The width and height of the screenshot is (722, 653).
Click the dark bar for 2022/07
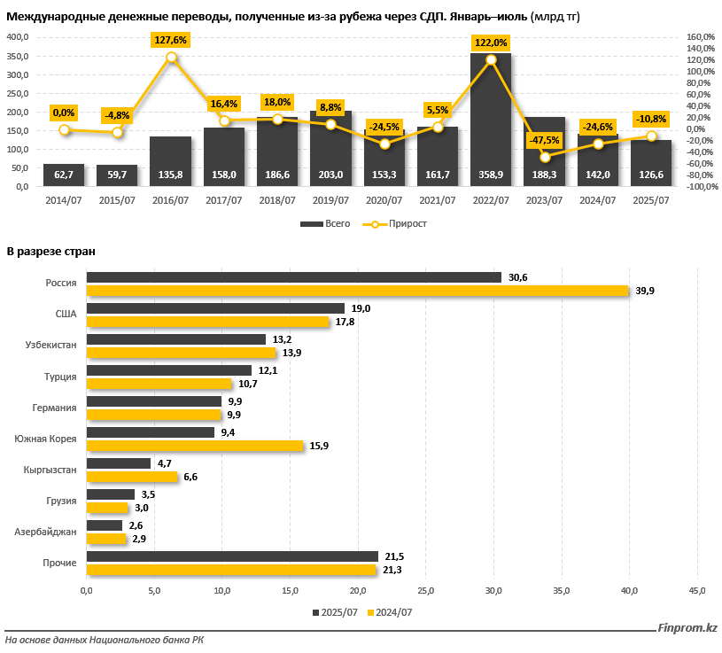[x=491, y=124]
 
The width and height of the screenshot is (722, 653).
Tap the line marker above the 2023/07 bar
[x=545, y=157]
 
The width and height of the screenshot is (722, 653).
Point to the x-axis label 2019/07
[x=331, y=200]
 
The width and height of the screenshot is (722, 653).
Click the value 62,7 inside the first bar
[x=64, y=175]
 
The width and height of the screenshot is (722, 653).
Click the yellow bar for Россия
[x=358, y=291]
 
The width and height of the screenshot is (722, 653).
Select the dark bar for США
[x=215, y=308]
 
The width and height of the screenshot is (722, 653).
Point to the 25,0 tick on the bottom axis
[x=425, y=590]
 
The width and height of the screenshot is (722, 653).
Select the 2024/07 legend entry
[x=390, y=612]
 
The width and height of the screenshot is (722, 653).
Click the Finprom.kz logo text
[x=687, y=628]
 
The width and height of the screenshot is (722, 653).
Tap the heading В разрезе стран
[x=50, y=252]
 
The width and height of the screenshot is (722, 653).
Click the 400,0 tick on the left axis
[x=18, y=36]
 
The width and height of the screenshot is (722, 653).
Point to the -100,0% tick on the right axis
[x=702, y=187]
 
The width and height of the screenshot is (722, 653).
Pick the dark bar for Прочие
[x=232, y=556]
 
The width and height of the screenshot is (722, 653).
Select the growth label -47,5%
[x=545, y=140]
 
